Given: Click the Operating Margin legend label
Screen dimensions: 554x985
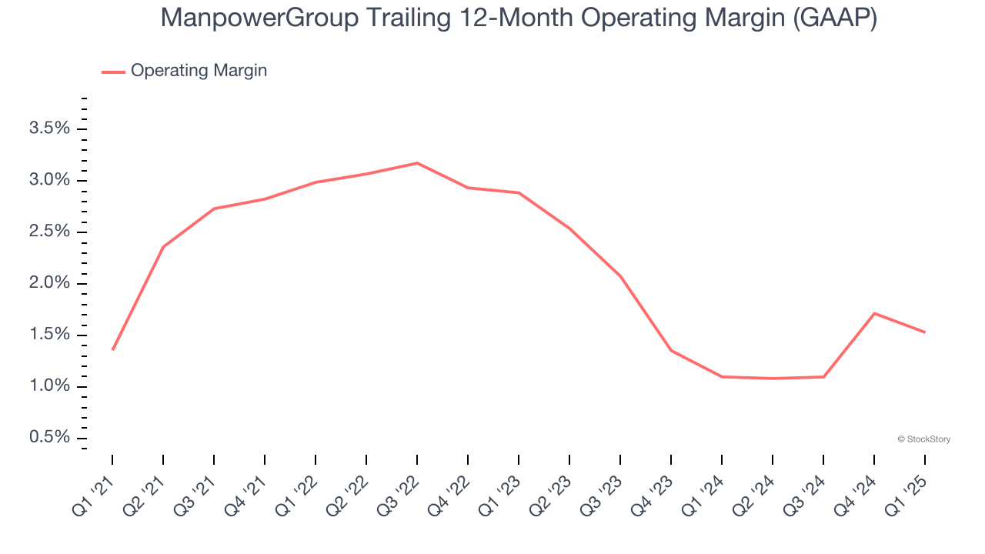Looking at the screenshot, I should click(x=199, y=71).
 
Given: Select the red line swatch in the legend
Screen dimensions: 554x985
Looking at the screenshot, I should click(x=113, y=72).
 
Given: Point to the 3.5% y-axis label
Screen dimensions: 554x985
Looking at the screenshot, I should click(x=49, y=128).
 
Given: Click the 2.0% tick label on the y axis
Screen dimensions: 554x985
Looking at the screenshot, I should click(x=49, y=283).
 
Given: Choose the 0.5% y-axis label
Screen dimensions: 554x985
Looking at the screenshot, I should click(x=49, y=438).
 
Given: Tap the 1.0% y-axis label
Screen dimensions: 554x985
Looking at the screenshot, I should click(x=49, y=386).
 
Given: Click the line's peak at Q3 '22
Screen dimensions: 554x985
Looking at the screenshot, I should click(x=417, y=163).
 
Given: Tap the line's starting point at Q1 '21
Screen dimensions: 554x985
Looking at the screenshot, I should click(x=112, y=350).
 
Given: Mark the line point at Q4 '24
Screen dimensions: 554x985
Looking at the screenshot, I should click(x=874, y=313).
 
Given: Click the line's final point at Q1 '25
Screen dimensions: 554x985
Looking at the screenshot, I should click(x=925, y=332).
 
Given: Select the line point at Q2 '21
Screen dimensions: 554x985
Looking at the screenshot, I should click(x=163, y=247).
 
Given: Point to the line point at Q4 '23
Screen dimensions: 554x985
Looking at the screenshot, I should click(x=671, y=351).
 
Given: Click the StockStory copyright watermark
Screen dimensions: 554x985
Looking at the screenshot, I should click(x=924, y=439).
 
